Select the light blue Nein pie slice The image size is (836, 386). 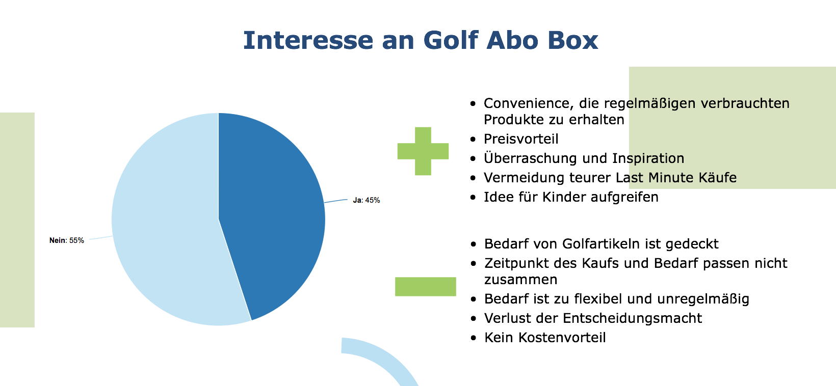point(164,224)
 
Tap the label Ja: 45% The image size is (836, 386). point(367,200)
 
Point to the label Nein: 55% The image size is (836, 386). point(67,240)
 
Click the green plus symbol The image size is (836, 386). point(423,151)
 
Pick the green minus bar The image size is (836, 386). point(426,286)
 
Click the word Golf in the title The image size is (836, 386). point(451,40)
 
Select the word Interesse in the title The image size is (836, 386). point(308,40)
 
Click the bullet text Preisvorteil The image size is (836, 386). point(521,139)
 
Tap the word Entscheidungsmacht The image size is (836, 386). point(632,318)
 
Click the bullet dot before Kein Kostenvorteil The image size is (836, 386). point(474,338)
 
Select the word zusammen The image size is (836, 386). point(520,280)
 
